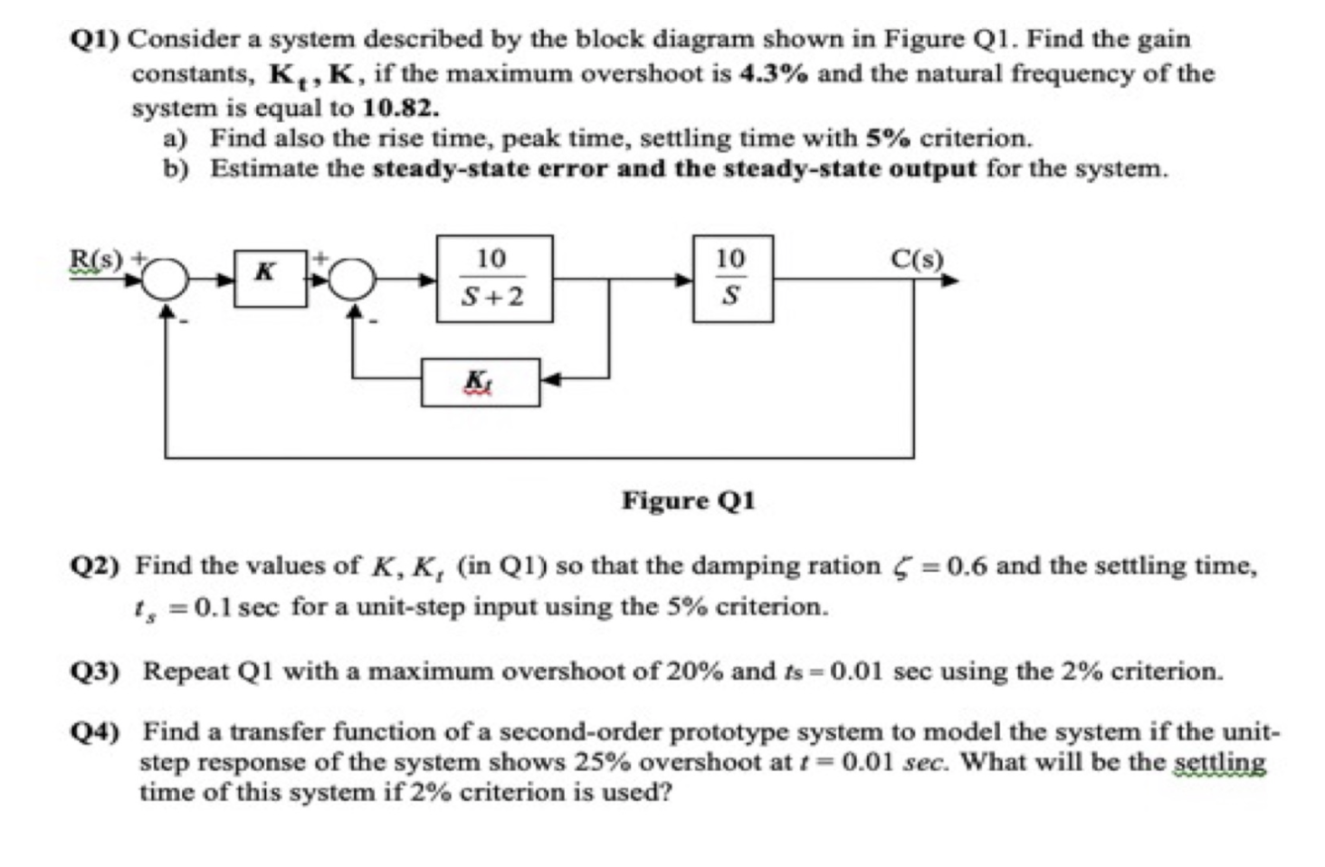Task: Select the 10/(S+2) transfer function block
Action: point(494,279)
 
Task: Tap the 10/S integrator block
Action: point(732,279)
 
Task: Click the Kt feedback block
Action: point(480,383)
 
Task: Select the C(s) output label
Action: point(916,259)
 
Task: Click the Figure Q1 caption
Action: point(688,500)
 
